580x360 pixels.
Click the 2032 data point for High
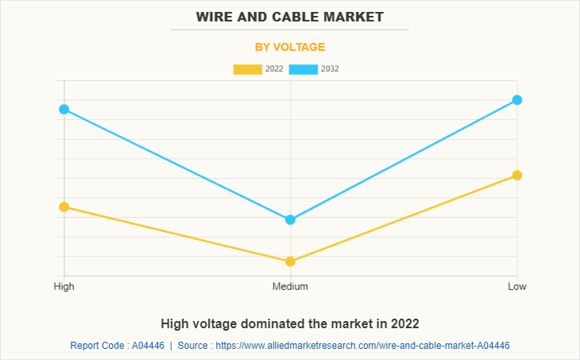(x=64, y=109)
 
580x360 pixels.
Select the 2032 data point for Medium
(x=290, y=219)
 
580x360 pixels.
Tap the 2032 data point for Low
(x=516, y=99)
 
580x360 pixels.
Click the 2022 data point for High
(x=64, y=207)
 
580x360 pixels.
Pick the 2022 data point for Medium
(x=290, y=261)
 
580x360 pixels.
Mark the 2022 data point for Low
(x=516, y=175)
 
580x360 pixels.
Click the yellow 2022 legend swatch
(x=247, y=69)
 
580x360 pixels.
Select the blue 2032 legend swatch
(x=304, y=69)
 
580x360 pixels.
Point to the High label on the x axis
(x=64, y=286)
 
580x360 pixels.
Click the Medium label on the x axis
(x=290, y=286)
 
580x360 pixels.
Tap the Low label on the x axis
(x=516, y=286)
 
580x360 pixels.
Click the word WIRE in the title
(x=215, y=17)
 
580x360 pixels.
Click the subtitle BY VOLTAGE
(x=290, y=47)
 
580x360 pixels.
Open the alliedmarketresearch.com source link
(x=362, y=346)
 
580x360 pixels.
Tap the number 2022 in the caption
(x=404, y=323)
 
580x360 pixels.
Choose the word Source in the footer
(x=195, y=346)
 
